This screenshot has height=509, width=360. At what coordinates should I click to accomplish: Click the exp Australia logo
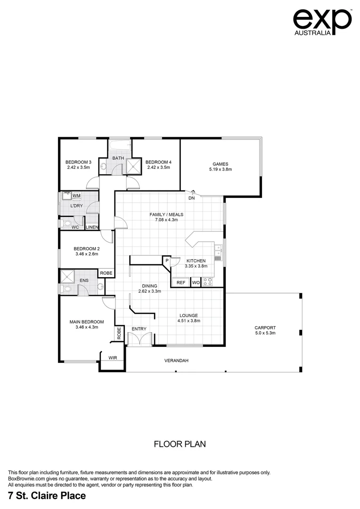[322, 21]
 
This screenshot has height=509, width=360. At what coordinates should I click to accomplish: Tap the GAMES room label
[221, 164]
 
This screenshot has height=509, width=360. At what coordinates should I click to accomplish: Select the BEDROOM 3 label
[78, 162]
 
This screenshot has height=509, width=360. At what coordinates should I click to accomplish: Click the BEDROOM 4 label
[158, 162]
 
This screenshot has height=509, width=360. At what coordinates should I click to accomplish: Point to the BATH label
[118, 158]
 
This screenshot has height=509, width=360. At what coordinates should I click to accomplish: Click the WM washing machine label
[76, 196]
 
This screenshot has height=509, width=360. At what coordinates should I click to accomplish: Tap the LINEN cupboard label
[92, 227]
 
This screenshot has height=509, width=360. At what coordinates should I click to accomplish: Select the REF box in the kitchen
[181, 282]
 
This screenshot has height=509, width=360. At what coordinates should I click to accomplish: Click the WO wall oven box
[196, 282]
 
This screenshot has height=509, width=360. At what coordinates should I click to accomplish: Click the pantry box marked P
[166, 261]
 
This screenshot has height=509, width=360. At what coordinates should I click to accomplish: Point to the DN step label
[192, 198]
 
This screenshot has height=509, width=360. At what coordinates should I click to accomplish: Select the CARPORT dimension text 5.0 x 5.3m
[265, 333]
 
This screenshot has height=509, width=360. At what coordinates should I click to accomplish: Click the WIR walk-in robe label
[113, 358]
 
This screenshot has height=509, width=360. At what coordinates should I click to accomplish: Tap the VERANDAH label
[176, 361]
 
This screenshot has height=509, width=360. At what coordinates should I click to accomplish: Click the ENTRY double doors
[139, 339]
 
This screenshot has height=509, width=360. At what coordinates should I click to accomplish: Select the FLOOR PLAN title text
[180, 444]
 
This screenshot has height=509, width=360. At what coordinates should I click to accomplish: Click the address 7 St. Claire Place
[47, 495]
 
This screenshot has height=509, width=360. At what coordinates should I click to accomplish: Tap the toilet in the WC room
[65, 222]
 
